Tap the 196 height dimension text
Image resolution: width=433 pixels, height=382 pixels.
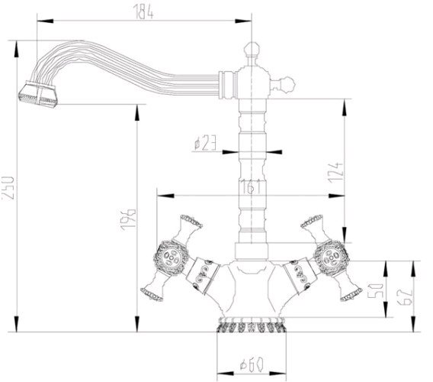(x=131, y=220)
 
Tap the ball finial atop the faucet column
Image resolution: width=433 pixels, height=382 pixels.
(x=251, y=50)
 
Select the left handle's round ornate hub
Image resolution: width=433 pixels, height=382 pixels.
(x=171, y=254)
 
